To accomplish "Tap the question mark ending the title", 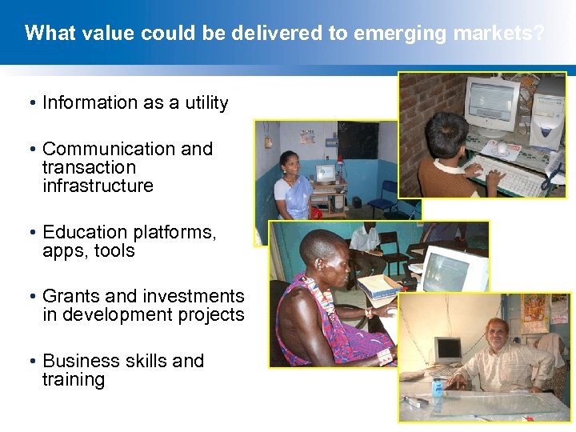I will click(x=540, y=34).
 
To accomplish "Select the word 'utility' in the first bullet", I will click(x=203, y=103).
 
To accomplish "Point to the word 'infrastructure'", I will click(x=98, y=186).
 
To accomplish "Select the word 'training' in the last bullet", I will click(x=74, y=379).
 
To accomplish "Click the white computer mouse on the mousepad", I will click(x=502, y=148).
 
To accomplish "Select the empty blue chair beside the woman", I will click(x=390, y=196).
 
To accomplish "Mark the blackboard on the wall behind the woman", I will click(x=357, y=139).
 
